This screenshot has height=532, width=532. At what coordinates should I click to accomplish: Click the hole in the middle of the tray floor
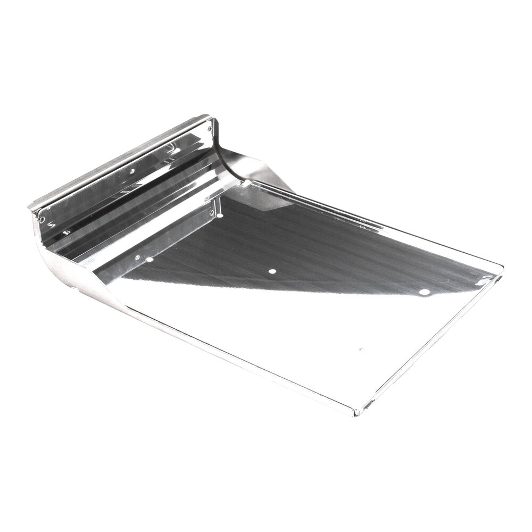pyautogui.click(x=272, y=271)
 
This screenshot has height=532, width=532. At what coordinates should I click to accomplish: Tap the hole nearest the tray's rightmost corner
pyautogui.click(x=423, y=292)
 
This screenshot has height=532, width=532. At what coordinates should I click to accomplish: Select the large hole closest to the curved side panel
pyautogui.click(x=149, y=260)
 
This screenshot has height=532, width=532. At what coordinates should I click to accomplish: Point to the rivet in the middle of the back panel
pyautogui.click(x=131, y=171)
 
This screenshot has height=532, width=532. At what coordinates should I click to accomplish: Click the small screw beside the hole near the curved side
pyautogui.click(x=137, y=257)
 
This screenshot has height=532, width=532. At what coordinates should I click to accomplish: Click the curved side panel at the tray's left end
pyautogui.click(x=69, y=266)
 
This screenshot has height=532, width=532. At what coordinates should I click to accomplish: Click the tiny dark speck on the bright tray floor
pyautogui.click(x=360, y=349)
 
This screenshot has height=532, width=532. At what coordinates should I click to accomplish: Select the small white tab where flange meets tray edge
pyautogui.click(x=246, y=183)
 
